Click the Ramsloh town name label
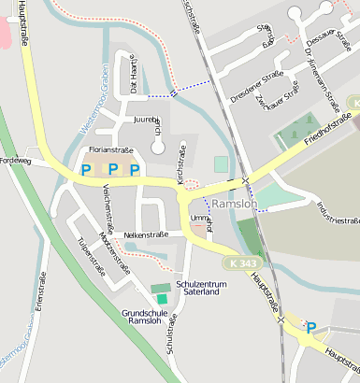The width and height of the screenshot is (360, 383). [234, 203]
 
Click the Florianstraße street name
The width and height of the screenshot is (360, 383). [110, 149]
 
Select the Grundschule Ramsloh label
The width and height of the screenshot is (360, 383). [150, 319]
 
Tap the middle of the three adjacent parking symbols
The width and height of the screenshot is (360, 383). [112, 170]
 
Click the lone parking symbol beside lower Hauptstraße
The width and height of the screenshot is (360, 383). [311, 327]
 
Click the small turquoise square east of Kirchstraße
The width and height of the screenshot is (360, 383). [221, 164]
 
